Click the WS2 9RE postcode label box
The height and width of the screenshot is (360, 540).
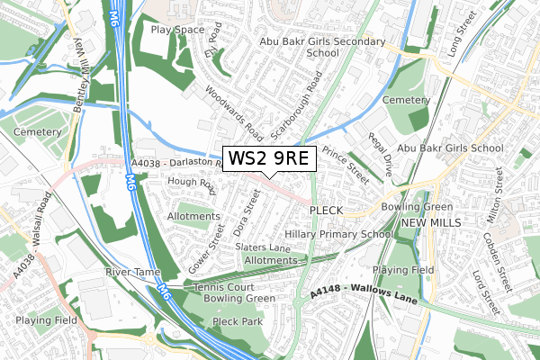[x=268, y=158]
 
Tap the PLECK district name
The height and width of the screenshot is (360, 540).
[x=326, y=210]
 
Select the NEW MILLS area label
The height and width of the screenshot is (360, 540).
[x=430, y=222]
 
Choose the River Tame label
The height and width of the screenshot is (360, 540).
[x=131, y=272]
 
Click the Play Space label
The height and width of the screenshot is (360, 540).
[x=177, y=30]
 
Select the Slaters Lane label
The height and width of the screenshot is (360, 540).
[x=262, y=247]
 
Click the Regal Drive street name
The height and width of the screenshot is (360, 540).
[x=381, y=155]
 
